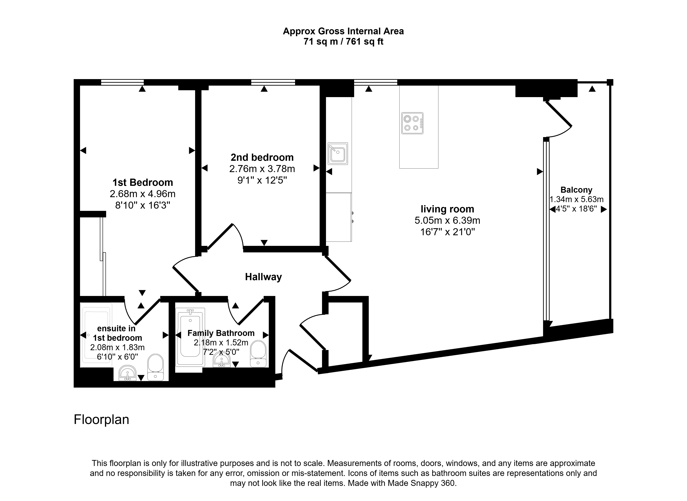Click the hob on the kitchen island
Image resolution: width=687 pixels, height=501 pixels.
(412, 123)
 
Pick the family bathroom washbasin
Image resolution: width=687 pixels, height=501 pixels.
(222, 360)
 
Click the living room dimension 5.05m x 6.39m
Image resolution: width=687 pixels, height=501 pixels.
(447, 220)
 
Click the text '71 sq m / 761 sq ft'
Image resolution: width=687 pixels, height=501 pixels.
(343, 42)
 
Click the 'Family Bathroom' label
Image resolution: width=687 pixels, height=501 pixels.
(221, 333)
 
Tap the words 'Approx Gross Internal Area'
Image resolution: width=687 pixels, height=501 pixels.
(343, 31)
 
